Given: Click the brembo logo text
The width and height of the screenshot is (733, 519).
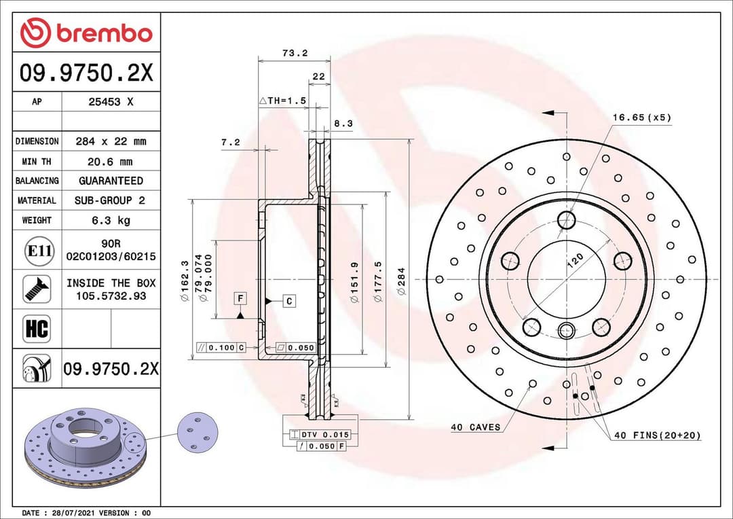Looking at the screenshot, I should [x=103, y=33].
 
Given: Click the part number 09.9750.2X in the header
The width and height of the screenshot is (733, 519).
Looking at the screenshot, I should [x=86, y=73].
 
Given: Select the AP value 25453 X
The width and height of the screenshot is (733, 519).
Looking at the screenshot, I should [x=111, y=102].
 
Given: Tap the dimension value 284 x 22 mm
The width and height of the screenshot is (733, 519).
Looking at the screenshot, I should [x=111, y=141].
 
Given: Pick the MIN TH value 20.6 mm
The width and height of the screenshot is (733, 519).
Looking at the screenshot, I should [x=111, y=162].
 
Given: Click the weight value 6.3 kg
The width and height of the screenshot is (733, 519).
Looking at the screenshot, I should [x=111, y=220].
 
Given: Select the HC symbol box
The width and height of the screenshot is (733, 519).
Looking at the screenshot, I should [x=37, y=329].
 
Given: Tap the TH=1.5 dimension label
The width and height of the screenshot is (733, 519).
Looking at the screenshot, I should [x=283, y=100].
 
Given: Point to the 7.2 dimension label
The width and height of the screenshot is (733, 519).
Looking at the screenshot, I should [x=231, y=142].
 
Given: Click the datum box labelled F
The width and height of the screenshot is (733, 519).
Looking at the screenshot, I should [x=240, y=298].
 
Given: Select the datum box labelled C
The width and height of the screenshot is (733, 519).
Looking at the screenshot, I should [x=288, y=300].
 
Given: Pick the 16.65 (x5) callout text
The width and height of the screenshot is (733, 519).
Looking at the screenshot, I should [x=641, y=117].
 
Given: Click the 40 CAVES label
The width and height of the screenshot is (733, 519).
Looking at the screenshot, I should [x=475, y=427].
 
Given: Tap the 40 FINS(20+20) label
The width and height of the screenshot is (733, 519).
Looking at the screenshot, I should [x=657, y=435].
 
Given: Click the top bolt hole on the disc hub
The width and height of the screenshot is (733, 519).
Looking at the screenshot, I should [x=566, y=219].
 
